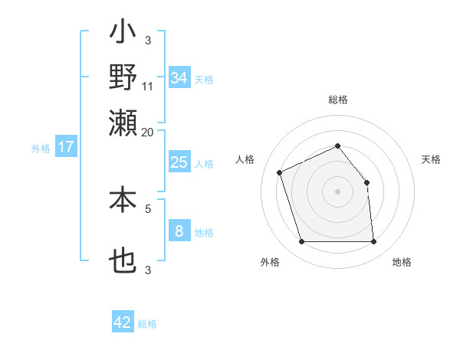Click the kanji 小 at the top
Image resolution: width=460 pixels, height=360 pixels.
(x=123, y=34)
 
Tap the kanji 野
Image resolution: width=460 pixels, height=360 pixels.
(x=123, y=78)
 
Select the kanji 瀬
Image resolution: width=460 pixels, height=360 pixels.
(x=123, y=123)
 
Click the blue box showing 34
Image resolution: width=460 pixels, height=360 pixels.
(x=179, y=78)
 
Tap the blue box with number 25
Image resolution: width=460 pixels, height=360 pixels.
(x=179, y=162)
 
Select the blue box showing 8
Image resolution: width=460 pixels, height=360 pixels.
(x=179, y=231)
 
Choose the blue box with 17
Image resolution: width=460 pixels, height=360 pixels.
(x=66, y=147)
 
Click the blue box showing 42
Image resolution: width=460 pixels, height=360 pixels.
(x=123, y=322)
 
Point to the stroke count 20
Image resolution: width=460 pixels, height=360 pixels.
(x=148, y=133)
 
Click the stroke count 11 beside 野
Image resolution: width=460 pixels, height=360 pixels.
(x=148, y=87)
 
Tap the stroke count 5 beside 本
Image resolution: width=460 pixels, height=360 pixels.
(x=148, y=207)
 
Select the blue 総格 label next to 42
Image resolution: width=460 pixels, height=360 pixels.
(x=147, y=324)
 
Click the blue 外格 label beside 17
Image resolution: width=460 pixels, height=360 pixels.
(x=41, y=149)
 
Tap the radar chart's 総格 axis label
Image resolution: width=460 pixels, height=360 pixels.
(x=337, y=100)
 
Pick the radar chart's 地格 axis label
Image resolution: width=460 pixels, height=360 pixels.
(x=402, y=262)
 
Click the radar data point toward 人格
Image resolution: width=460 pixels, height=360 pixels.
(x=280, y=172)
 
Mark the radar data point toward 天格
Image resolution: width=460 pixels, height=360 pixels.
(x=366, y=182)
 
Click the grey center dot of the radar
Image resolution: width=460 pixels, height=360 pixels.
(x=337, y=191)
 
